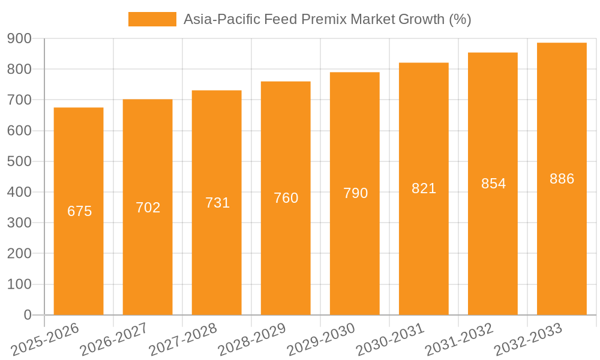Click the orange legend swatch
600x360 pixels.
(152, 19)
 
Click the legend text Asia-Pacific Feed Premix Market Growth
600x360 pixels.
(327, 19)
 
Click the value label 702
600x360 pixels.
(148, 208)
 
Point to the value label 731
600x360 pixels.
(217, 203)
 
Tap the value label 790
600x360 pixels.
(355, 193)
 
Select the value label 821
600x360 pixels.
(424, 188)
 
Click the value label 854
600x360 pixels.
(493, 184)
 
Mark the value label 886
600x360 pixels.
(562, 179)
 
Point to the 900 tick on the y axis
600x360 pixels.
(19, 38)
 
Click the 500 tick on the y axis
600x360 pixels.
(19, 161)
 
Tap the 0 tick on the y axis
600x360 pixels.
(28, 315)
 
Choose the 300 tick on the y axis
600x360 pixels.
(19, 223)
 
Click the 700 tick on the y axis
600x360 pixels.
(19, 100)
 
